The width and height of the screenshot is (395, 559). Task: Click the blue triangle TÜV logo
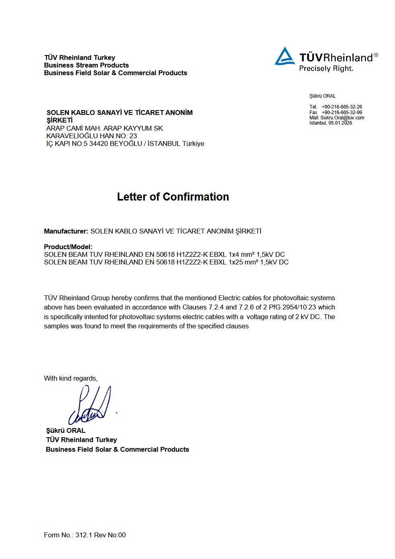tap(285, 57)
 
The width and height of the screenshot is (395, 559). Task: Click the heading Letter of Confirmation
tap(173, 197)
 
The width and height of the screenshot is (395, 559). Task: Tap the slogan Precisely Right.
tap(326, 68)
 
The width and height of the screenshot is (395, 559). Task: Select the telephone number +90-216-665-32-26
tap(342, 107)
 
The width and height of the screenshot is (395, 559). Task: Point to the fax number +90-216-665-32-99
tap(342, 113)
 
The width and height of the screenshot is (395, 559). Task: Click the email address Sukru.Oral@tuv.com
tap(342, 118)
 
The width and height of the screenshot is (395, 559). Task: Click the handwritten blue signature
tap(90, 406)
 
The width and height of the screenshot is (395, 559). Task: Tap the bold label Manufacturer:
tap(66, 231)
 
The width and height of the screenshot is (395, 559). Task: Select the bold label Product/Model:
tap(68, 247)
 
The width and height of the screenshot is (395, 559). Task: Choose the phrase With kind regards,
tap(71, 378)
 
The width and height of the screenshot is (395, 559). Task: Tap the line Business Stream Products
tap(86, 65)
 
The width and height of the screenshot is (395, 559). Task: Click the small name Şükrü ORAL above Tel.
tap(322, 96)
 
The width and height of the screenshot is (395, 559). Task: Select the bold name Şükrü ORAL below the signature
tap(66, 430)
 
